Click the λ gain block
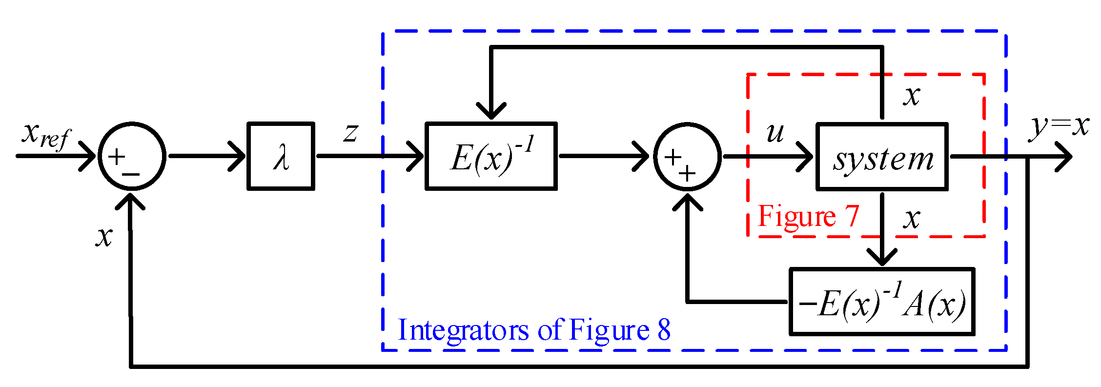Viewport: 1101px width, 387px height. click(x=281, y=156)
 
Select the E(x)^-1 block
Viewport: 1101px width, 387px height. click(x=491, y=156)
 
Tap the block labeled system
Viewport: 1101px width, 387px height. click(x=882, y=157)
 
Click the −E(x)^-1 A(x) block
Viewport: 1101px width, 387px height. click(x=882, y=302)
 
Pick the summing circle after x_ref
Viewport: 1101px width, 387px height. click(x=132, y=156)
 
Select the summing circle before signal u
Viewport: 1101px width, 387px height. click(x=687, y=157)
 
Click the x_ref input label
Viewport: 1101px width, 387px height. click(x=46, y=135)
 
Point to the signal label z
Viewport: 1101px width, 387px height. click(x=350, y=132)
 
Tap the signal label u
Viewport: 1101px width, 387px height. click(x=775, y=133)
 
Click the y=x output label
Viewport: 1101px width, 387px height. click(x=1059, y=126)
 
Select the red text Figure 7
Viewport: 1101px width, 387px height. click(x=808, y=216)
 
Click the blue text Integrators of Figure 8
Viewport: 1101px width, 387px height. click(x=534, y=330)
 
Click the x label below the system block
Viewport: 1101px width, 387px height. click(x=911, y=219)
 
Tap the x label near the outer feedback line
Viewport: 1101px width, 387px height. click(x=104, y=237)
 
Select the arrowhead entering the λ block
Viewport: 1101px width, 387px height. click(x=238, y=156)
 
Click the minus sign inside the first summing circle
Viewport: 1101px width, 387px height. click(x=131, y=174)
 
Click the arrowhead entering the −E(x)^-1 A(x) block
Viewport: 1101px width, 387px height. click(x=882, y=257)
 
